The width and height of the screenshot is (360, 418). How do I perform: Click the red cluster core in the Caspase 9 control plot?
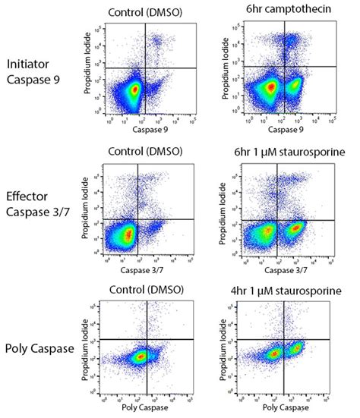coord(135,90)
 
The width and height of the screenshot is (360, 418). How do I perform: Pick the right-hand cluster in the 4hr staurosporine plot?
coord(297,350)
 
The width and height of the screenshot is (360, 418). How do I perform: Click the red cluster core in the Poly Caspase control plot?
coord(140,355)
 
